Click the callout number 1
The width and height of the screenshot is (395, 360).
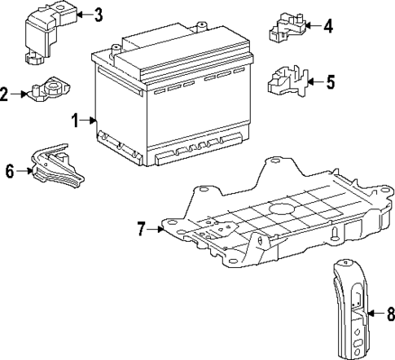[x=74, y=121]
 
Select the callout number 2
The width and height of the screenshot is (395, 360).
[x=4, y=95]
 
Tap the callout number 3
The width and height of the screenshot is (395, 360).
[x=98, y=14]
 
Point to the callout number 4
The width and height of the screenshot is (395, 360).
[x=328, y=26]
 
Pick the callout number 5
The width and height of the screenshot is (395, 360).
[x=330, y=81]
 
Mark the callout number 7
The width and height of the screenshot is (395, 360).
[x=141, y=229]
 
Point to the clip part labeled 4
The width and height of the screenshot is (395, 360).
[x=287, y=26]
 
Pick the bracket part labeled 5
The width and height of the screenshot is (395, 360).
[x=287, y=81]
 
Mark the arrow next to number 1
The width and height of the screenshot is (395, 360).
[x=88, y=121]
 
